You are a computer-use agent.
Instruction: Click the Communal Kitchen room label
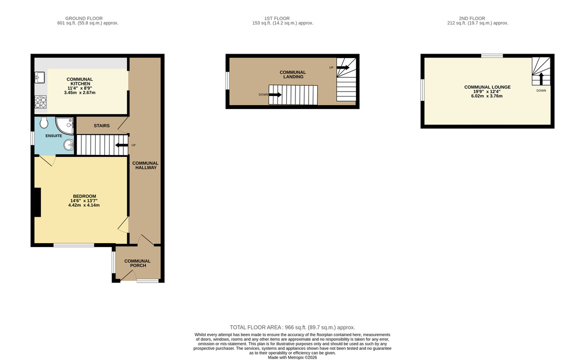[x=79, y=81]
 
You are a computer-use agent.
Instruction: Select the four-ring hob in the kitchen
[x=40, y=102]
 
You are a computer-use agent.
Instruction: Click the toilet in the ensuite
[x=43, y=122]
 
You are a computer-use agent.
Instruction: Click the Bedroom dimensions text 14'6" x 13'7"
[x=84, y=201]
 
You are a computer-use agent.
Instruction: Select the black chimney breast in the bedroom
[x=37, y=202]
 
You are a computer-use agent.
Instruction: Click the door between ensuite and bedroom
[x=47, y=160]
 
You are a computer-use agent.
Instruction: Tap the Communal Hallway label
[x=146, y=165]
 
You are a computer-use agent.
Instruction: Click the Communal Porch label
[x=137, y=263]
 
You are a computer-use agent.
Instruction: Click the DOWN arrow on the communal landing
[x=275, y=95]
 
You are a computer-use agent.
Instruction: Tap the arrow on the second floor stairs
[x=541, y=78]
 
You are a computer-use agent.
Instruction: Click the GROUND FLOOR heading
[x=87, y=18]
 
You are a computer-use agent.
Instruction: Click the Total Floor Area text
[x=292, y=328]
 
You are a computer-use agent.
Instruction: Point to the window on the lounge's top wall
[x=492, y=56]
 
